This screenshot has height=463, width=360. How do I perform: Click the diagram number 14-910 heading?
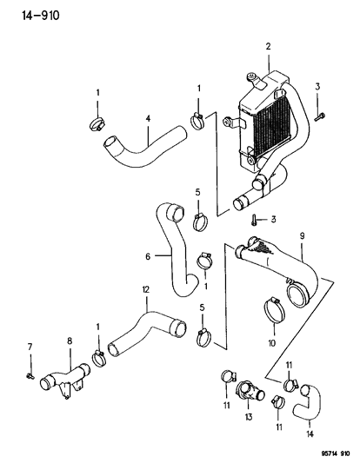(x=41, y=16)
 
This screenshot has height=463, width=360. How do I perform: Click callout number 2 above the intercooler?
(x=268, y=46)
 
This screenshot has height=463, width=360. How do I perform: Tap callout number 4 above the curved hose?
(x=148, y=119)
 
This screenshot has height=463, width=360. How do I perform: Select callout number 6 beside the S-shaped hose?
(x=148, y=256)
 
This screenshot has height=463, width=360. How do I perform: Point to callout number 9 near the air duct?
(x=302, y=236)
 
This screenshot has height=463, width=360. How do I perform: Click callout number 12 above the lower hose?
(x=146, y=289)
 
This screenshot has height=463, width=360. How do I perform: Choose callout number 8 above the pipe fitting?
(x=70, y=341)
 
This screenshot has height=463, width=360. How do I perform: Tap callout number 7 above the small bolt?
(x=30, y=347)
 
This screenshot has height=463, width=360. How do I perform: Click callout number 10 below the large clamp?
(x=272, y=343)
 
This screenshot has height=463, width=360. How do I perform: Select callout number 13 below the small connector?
(x=249, y=417)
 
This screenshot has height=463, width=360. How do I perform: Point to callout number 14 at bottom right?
(x=310, y=434)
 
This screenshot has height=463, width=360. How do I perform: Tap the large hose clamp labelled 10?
(x=274, y=311)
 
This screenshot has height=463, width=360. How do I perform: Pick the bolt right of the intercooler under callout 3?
(x=320, y=116)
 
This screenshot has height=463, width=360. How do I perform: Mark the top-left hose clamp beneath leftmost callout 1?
(x=97, y=123)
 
